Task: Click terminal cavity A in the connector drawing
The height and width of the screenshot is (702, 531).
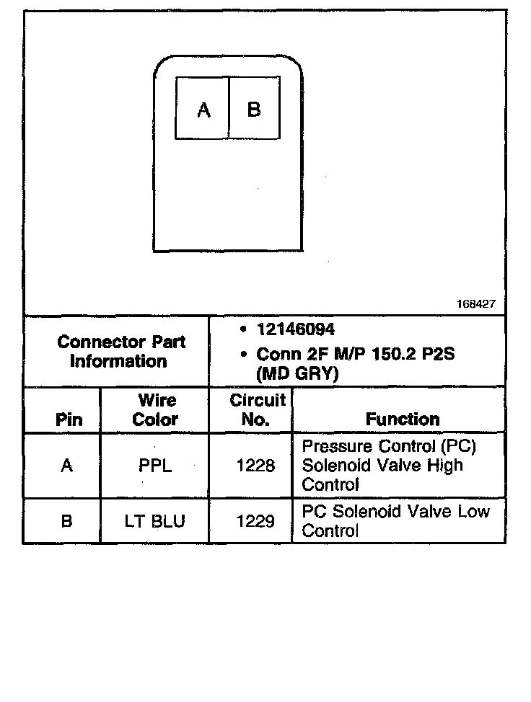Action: [x=203, y=108]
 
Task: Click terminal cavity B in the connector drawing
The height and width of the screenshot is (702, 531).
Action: [x=254, y=108]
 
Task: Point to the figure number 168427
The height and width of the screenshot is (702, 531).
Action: [x=475, y=304]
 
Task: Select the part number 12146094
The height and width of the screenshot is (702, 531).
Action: [x=295, y=330]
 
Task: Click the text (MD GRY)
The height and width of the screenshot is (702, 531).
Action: [x=298, y=374]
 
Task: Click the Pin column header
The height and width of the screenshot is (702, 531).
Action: [x=69, y=419]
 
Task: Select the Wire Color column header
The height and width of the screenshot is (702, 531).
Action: [x=155, y=409]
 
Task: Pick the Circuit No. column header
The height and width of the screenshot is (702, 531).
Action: [x=256, y=409]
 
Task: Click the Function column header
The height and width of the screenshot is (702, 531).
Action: [x=402, y=419]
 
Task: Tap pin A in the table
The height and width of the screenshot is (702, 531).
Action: [x=66, y=466]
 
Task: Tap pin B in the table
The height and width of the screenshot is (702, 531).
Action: [x=66, y=520]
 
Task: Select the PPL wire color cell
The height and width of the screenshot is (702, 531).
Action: [x=155, y=466]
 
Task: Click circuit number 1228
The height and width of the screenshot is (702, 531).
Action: [x=255, y=466]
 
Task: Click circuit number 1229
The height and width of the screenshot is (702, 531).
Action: [x=255, y=520]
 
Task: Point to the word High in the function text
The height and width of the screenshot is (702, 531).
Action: [x=444, y=466]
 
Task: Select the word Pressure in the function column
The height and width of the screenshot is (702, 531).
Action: [x=336, y=447]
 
